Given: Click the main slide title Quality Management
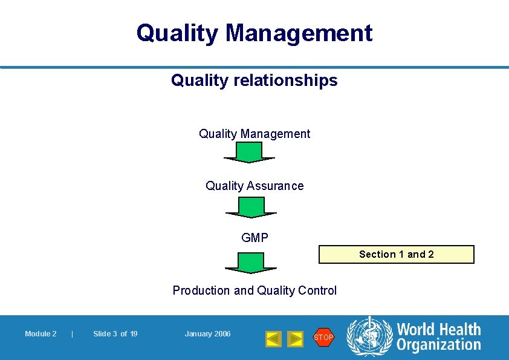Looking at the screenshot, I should pyautogui.click(x=254, y=33).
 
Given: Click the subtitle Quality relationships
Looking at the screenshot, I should pyautogui.click(x=254, y=80).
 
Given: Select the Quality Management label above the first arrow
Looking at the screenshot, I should pyautogui.click(x=254, y=134).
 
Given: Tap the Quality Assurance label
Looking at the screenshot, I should pyautogui.click(x=254, y=186).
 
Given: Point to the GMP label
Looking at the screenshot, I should pyautogui.click(x=254, y=238).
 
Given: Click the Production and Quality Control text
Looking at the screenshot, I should pyautogui.click(x=254, y=290).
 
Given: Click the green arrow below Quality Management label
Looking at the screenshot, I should pyautogui.click(x=250, y=152).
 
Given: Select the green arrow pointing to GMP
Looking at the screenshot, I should pyautogui.click(x=251, y=208).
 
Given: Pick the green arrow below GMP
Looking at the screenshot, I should pyautogui.click(x=251, y=263).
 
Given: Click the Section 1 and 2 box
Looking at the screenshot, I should pyautogui.click(x=397, y=254).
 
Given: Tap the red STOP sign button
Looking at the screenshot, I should pyautogui.click(x=323, y=337).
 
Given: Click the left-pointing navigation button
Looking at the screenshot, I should pyautogui.click(x=273, y=339).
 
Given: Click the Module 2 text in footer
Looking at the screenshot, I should pyautogui.click(x=41, y=334).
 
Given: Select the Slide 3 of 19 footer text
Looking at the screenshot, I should pyautogui.click(x=115, y=334).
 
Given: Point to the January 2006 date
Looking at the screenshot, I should pyautogui.click(x=207, y=334).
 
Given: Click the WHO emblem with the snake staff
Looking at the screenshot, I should pyautogui.click(x=369, y=336).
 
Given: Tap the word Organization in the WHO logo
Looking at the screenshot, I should pyautogui.click(x=438, y=345).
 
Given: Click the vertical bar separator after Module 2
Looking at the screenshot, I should pyautogui.click(x=72, y=334).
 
